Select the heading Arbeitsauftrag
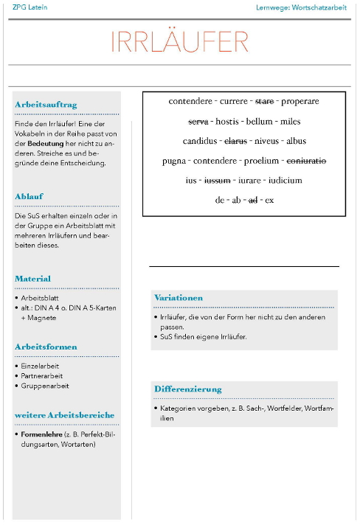click(x=46, y=105)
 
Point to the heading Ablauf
click(x=30, y=196)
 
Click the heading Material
click(x=33, y=279)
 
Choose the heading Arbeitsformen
click(x=46, y=347)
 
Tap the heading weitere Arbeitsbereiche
click(x=65, y=415)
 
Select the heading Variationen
click(x=178, y=297)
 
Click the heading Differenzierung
click(x=187, y=389)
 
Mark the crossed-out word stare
click(x=264, y=101)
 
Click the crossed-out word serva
click(x=198, y=121)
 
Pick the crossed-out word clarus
click(x=235, y=141)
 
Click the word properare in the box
click(x=300, y=101)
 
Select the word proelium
click(x=261, y=161)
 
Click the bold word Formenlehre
click(x=41, y=434)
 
